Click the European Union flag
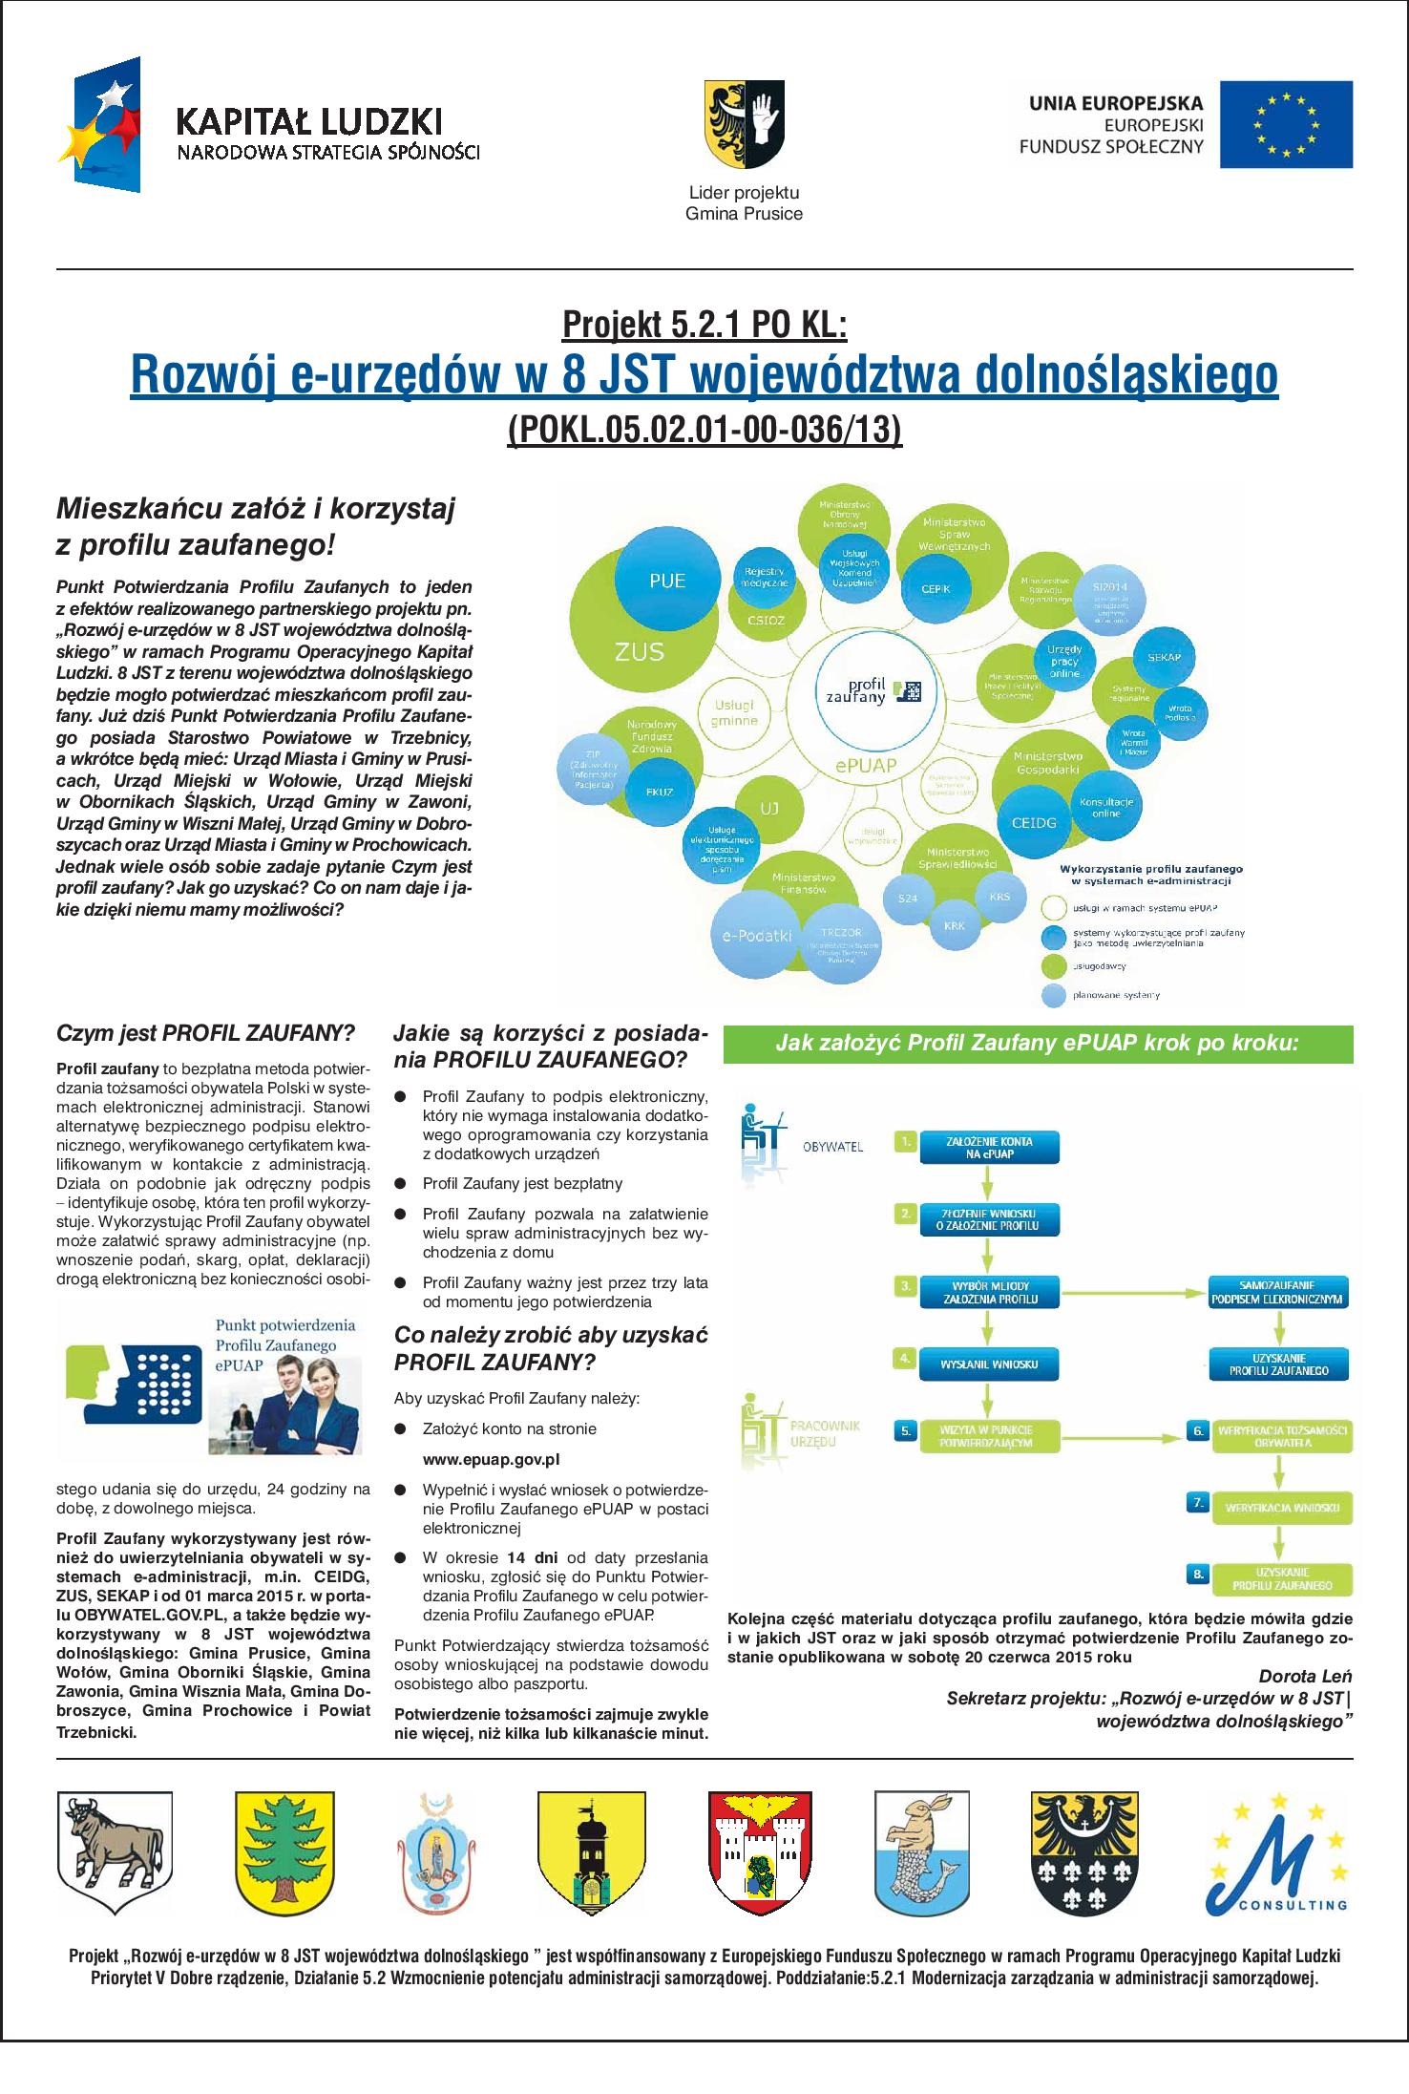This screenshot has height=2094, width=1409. pos(1287,124)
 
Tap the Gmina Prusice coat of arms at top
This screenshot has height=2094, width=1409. pos(745,122)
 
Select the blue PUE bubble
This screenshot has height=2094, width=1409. pos(667,582)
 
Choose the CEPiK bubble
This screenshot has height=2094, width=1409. pos(936,589)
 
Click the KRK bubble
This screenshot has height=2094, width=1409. pos(955,926)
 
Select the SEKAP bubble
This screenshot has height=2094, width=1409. pos(1158,658)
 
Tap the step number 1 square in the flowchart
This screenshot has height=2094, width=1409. pos(906,1141)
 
